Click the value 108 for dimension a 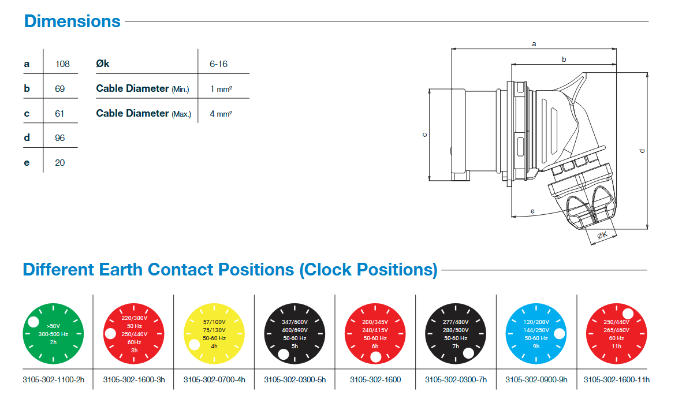click(62, 64)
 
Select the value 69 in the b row click(59, 89)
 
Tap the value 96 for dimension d click(59, 138)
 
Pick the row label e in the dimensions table click(27, 163)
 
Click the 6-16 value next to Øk click(218, 64)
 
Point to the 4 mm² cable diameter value click(221, 114)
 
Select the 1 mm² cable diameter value click(221, 89)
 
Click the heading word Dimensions click(72, 21)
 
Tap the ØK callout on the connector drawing click(602, 235)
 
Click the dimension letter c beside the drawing click(424, 135)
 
